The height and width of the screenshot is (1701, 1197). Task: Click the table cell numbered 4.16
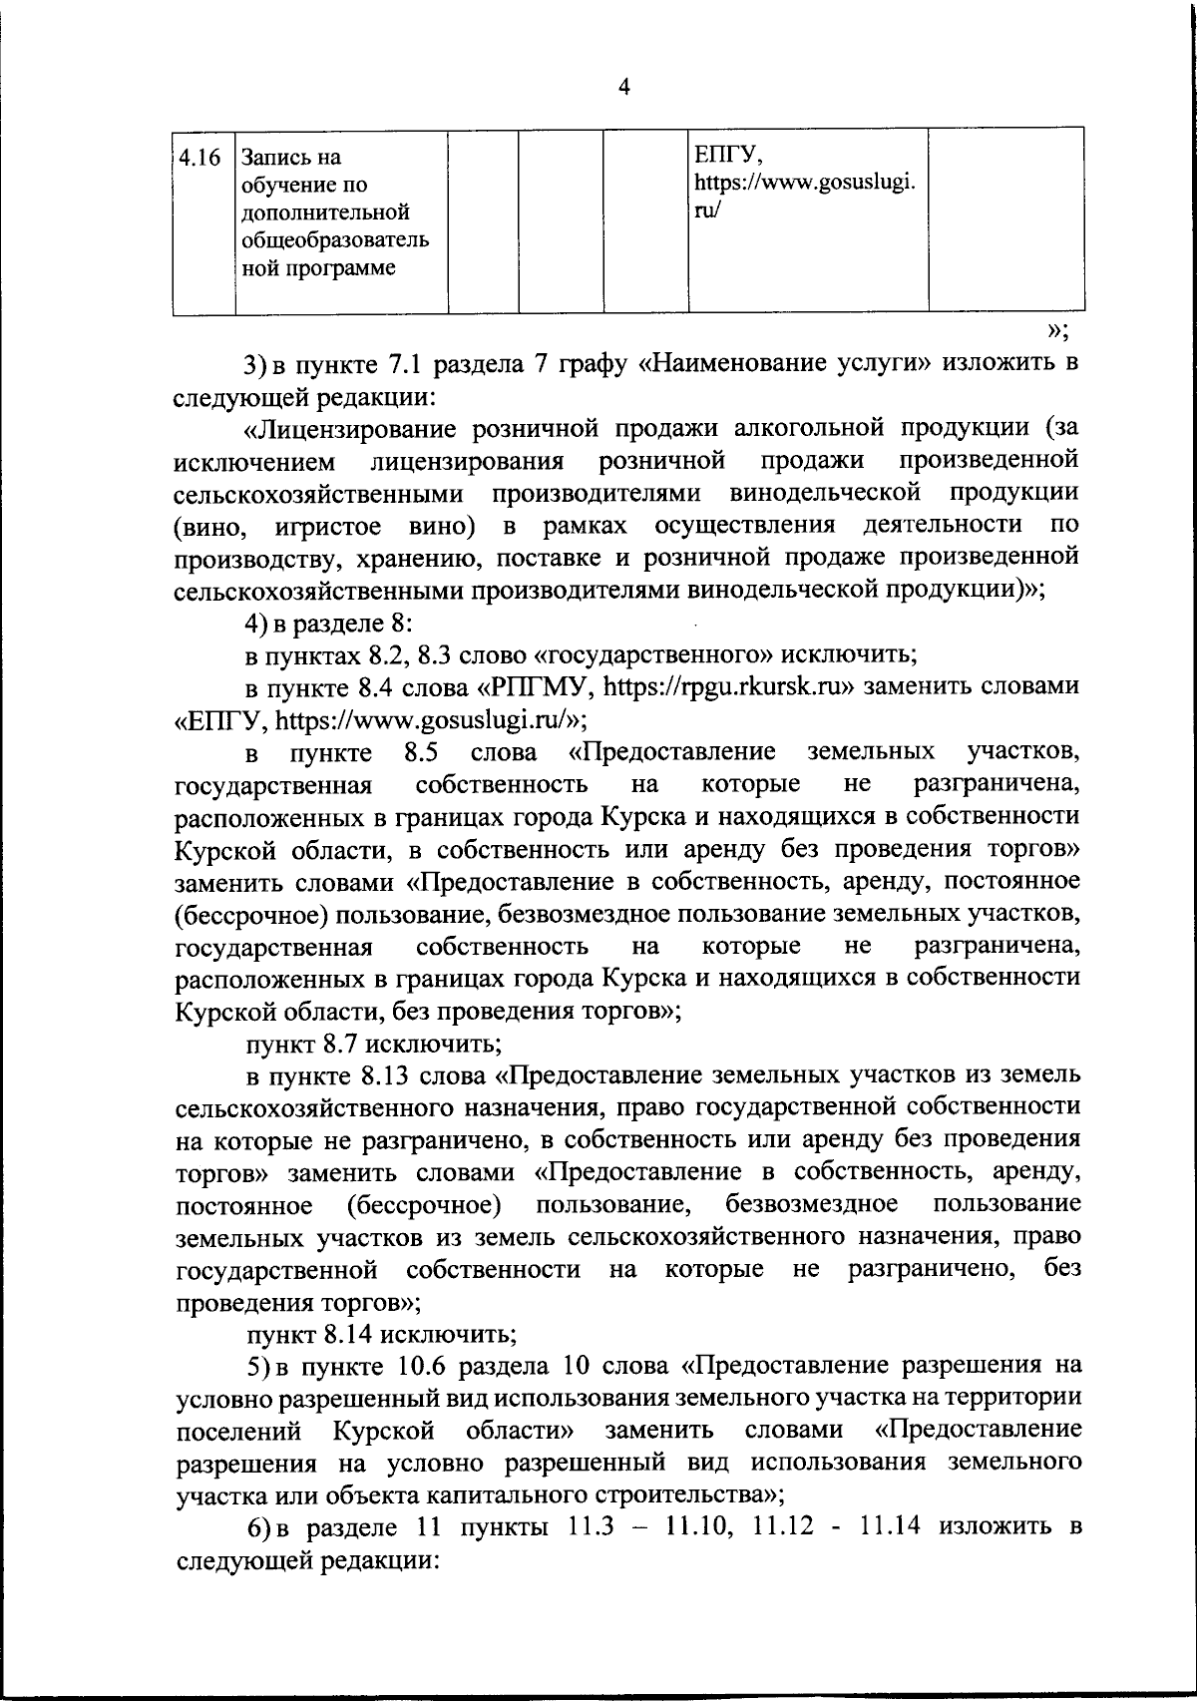[x=202, y=158]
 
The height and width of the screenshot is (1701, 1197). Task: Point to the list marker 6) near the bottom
[x=259, y=1527]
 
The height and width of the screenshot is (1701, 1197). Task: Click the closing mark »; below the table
[x=1058, y=331]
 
